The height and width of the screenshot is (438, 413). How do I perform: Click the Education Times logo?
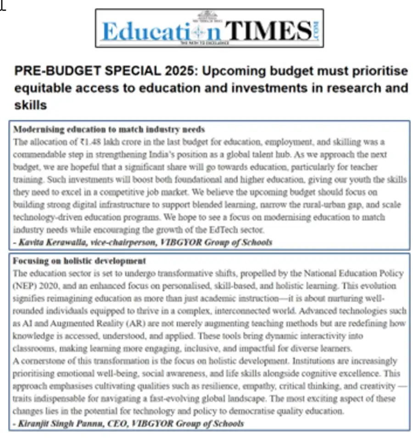209,28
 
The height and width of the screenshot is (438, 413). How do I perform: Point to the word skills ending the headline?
30,105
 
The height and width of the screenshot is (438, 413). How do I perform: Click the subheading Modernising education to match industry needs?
109,129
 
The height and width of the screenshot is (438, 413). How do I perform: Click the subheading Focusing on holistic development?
79,261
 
